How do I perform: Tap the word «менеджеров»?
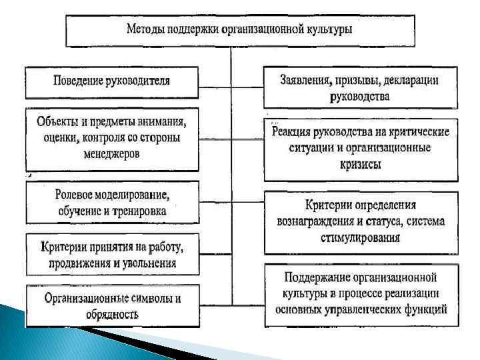111,154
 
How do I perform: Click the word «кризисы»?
360,164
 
